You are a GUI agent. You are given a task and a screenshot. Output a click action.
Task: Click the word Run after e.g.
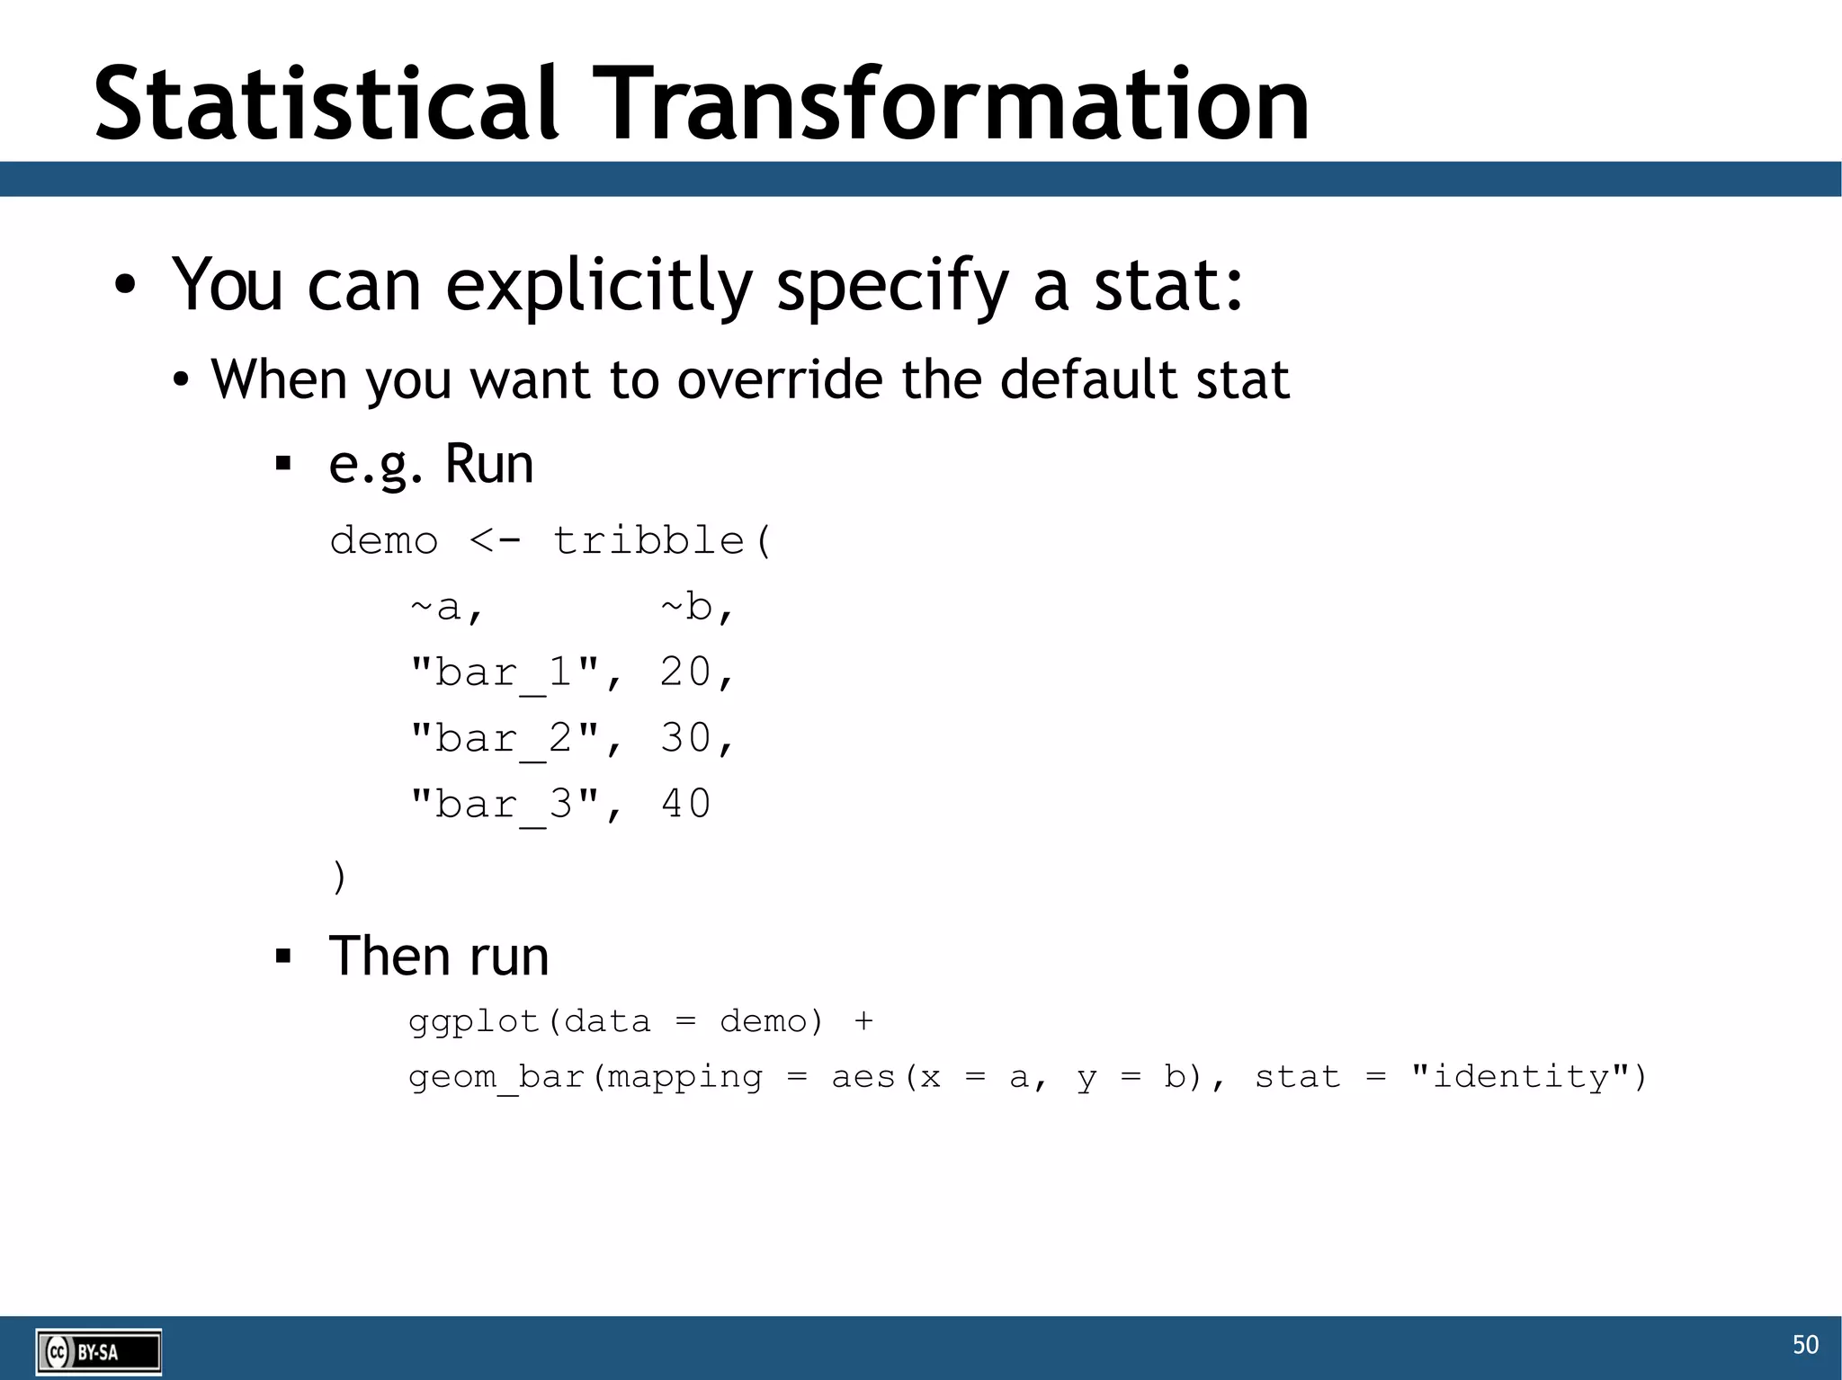pyautogui.click(x=489, y=465)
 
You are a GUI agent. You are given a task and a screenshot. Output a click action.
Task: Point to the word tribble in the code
pyautogui.click(x=648, y=541)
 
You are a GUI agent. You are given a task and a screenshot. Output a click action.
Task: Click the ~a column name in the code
pyautogui.click(x=446, y=608)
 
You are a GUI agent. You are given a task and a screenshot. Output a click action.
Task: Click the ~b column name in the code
pyautogui.click(x=696, y=608)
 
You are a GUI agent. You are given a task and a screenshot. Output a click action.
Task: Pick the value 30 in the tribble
pyautogui.click(x=685, y=739)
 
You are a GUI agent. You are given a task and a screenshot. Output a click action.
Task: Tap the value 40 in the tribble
pyautogui.click(x=685, y=805)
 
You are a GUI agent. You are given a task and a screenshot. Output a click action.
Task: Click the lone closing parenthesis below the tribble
pyautogui.click(x=338, y=877)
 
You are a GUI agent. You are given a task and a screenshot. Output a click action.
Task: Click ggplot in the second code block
pyautogui.click(x=474, y=1022)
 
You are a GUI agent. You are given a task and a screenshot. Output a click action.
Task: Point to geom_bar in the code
pyautogui.click(x=496, y=1077)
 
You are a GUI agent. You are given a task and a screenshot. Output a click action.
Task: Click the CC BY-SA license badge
pyautogui.click(x=99, y=1351)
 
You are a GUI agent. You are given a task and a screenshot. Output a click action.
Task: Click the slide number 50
pyautogui.click(x=1805, y=1344)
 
